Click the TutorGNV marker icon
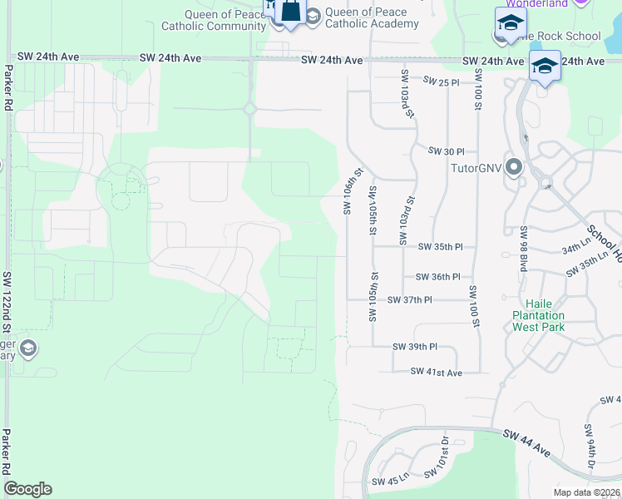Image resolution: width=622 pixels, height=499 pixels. tap(513, 167)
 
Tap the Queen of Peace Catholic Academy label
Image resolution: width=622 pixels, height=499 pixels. tap(366, 17)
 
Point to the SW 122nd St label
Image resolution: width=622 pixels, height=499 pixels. tap(8, 296)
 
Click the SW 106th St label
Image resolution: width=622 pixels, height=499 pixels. tap(353, 190)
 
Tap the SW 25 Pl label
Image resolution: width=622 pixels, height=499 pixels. tap(441, 82)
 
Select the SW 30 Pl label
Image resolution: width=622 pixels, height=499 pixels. tap(446, 151)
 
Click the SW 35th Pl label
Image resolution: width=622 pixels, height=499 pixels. tap(440, 247)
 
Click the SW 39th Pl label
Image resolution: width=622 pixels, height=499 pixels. tap(415, 347)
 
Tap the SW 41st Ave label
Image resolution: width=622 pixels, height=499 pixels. tap(436, 373)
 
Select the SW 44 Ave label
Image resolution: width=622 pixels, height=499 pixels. tap(526, 442)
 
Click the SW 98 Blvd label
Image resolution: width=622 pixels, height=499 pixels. tap(524, 241)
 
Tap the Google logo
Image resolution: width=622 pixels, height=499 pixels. tap(27, 489)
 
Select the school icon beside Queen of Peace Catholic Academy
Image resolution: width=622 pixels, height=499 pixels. tap(312, 17)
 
